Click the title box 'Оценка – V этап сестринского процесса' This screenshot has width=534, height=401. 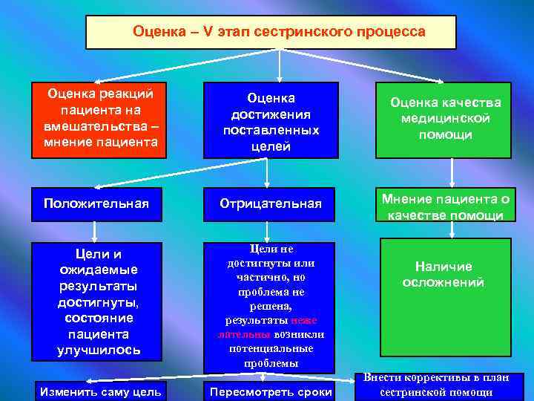click(271, 32)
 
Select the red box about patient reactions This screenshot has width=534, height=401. click(102, 120)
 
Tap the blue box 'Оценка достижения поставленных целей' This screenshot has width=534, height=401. click(271, 120)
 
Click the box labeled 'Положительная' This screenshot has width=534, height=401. click(96, 203)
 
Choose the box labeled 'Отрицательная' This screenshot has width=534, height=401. click(271, 203)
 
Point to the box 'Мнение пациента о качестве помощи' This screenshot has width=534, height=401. click(445, 206)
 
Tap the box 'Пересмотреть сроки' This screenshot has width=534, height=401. click(271, 391)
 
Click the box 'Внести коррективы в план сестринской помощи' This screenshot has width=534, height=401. click(435, 385)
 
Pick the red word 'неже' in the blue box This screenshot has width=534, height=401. click(304, 320)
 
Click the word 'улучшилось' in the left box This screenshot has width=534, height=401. click(99, 349)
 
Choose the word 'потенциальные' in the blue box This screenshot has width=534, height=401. click(271, 349)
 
